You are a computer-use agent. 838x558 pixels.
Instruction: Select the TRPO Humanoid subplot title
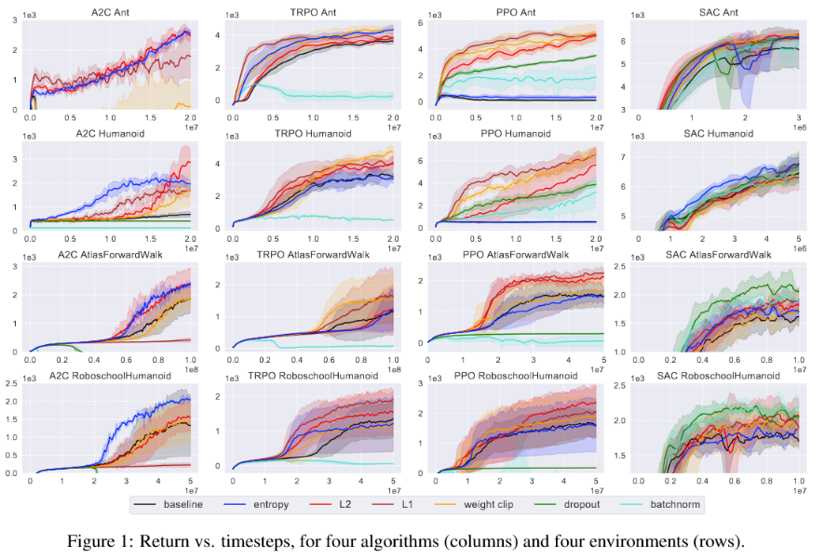310,134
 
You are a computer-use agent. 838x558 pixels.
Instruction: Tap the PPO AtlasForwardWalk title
510,254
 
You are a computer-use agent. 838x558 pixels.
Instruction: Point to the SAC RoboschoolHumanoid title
718,375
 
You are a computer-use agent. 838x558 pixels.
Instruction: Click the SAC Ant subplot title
718,9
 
